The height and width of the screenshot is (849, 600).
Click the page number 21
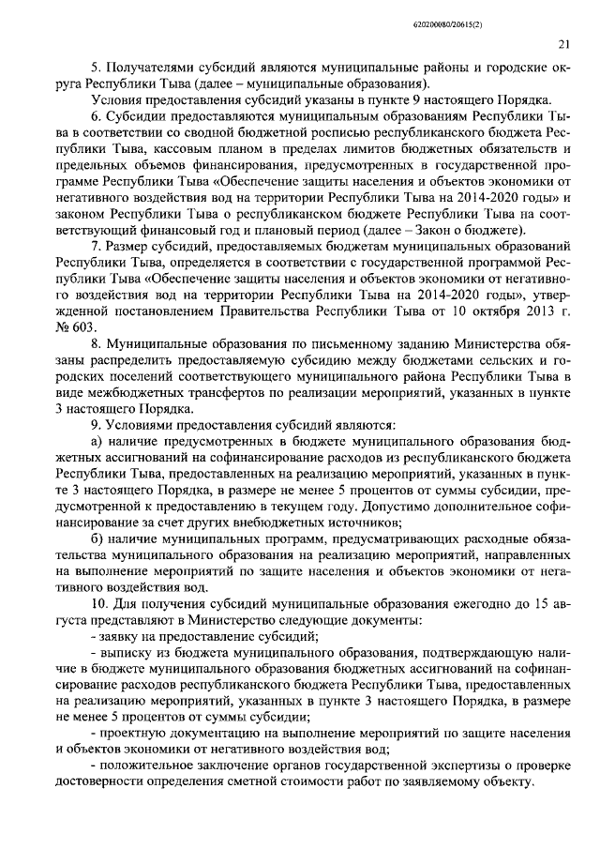coord(562,43)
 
